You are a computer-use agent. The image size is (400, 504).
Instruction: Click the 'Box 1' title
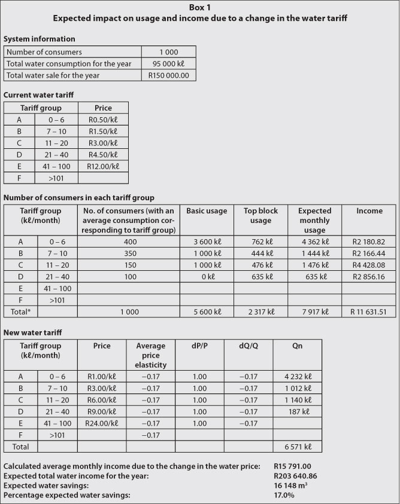pos(200,7)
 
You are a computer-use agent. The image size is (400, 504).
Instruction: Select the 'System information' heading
pos(40,39)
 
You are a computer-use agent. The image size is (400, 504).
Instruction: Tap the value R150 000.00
pos(168,75)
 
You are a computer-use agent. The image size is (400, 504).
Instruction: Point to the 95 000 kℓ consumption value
pos(168,63)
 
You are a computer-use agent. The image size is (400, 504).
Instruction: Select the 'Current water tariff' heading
pos(39,94)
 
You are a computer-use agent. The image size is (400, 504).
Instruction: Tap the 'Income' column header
pos(369,210)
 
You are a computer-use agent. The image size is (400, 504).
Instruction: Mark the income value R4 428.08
pos(369,265)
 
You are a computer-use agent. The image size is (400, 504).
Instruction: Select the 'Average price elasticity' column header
pos(151,355)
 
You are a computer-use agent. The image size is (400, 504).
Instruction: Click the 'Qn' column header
pos(297,346)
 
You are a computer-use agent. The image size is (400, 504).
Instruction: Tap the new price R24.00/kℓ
pos(102,423)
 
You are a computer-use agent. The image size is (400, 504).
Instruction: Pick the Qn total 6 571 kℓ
pos(298,446)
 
